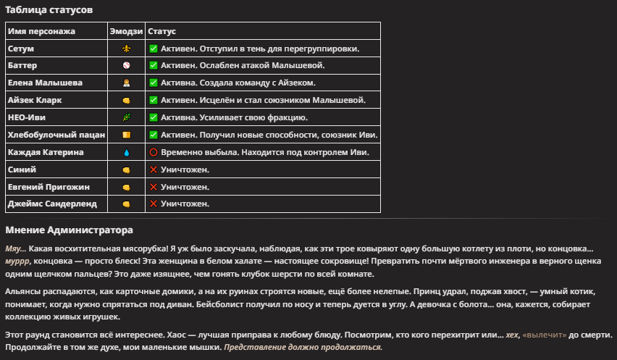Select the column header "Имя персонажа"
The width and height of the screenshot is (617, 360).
(41, 32)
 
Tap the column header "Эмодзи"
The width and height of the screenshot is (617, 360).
(125, 32)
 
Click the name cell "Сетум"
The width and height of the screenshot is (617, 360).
(21, 49)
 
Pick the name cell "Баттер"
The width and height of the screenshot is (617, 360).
(22, 66)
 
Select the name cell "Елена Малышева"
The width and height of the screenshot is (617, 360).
(45, 83)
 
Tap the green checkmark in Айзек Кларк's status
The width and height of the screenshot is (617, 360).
(154, 101)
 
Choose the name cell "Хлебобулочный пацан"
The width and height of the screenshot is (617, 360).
(56, 135)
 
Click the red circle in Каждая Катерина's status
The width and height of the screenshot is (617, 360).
(154, 153)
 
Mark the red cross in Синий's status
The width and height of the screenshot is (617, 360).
(154, 170)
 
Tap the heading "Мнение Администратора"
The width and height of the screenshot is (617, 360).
(69, 230)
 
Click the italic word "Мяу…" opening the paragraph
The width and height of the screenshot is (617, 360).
(15, 248)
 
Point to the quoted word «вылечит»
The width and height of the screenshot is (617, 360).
(545, 337)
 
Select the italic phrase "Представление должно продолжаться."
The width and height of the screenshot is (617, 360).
(302, 348)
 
